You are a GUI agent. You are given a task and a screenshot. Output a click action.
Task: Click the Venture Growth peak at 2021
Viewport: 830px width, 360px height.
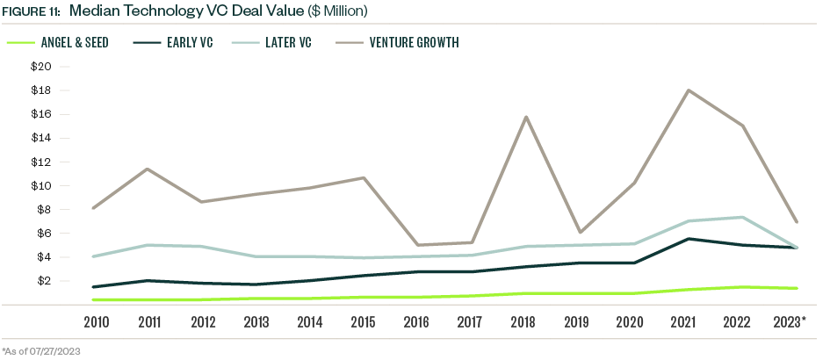pyautogui.click(x=689, y=90)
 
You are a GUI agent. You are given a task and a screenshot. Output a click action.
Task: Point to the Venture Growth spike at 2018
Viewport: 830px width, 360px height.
pyautogui.click(x=525, y=117)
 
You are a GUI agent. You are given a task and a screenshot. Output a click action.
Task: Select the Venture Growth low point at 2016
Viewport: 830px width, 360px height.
pyautogui.click(x=418, y=245)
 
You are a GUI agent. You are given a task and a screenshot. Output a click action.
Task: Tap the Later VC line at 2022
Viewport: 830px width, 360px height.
pyautogui.click(x=743, y=217)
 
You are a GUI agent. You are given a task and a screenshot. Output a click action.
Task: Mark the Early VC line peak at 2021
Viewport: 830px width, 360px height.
pyautogui.click(x=689, y=239)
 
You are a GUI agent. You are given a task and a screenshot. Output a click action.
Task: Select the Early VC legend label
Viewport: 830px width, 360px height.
pyautogui.click(x=190, y=42)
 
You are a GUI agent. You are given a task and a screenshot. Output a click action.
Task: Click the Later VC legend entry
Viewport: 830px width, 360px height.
pyautogui.click(x=288, y=42)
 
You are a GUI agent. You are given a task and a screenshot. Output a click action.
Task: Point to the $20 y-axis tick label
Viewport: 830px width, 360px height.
pyautogui.click(x=40, y=67)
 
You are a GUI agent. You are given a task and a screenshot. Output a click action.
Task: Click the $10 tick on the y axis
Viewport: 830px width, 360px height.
pyautogui.click(x=40, y=186)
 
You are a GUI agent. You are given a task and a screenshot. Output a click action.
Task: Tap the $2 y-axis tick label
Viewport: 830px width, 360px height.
pyautogui.click(x=43, y=281)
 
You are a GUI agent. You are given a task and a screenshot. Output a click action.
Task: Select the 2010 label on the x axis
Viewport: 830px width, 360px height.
pyautogui.click(x=97, y=322)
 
